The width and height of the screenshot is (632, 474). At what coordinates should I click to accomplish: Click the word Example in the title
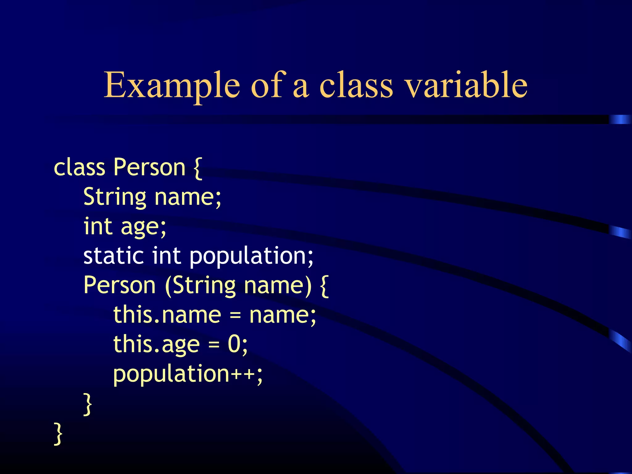pyautogui.click(x=172, y=85)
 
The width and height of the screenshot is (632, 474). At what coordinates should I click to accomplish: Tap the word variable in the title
pyautogui.click(x=466, y=85)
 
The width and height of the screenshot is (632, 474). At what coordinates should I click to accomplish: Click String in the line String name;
pyautogui.click(x=114, y=197)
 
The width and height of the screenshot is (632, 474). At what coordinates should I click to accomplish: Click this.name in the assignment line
pyautogui.click(x=167, y=315)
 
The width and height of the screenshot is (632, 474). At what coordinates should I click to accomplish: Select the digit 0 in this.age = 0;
pyautogui.click(x=234, y=344)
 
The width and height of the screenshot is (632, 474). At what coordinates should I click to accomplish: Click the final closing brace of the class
pyautogui.click(x=58, y=434)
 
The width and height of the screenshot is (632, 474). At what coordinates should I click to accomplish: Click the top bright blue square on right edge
pyautogui.click(x=620, y=119)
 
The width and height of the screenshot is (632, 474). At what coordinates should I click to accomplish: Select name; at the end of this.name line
pyautogui.click(x=282, y=315)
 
